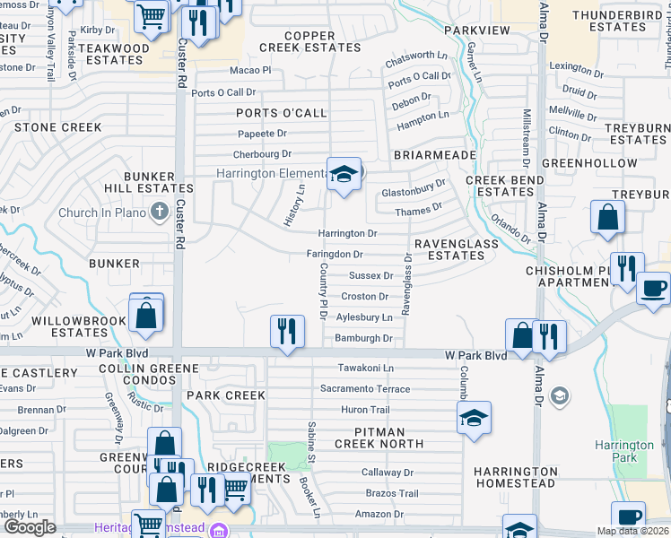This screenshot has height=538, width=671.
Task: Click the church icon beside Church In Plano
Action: [x=160, y=212]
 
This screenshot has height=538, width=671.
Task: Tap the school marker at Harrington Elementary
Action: [x=343, y=174]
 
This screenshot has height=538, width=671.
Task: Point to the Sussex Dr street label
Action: [x=370, y=276]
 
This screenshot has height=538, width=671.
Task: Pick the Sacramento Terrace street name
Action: [x=365, y=389]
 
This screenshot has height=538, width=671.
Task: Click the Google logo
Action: [x=30, y=527]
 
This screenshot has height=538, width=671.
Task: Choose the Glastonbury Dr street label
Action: [x=414, y=189]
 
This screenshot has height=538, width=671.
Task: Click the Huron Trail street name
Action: [x=365, y=410]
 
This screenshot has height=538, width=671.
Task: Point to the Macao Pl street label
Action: [x=250, y=70]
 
